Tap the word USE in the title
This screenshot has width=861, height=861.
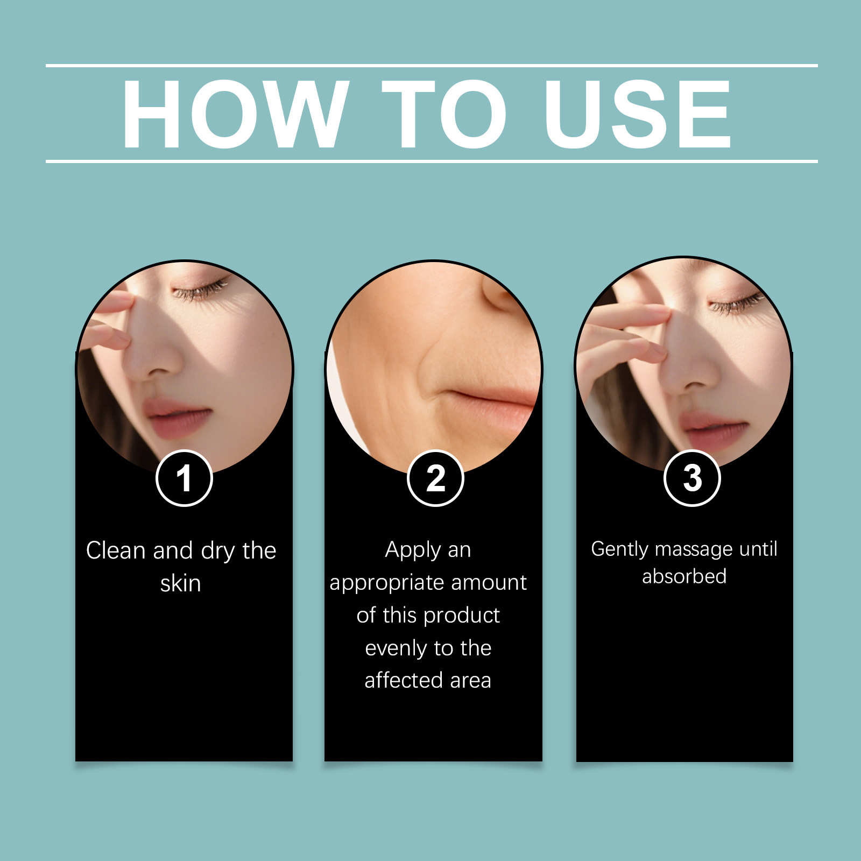click(638, 114)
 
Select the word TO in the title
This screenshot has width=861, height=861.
click(444, 114)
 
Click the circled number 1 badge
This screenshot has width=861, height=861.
click(184, 478)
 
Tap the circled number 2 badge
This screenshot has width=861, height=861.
click(435, 478)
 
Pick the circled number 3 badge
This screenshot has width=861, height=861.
click(692, 478)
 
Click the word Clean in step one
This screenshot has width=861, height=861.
click(116, 551)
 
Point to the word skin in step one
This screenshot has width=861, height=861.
click(181, 583)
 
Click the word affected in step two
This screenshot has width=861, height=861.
click(404, 681)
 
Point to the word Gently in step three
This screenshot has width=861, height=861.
click(620, 550)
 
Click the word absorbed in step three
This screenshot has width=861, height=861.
click(684, 576)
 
